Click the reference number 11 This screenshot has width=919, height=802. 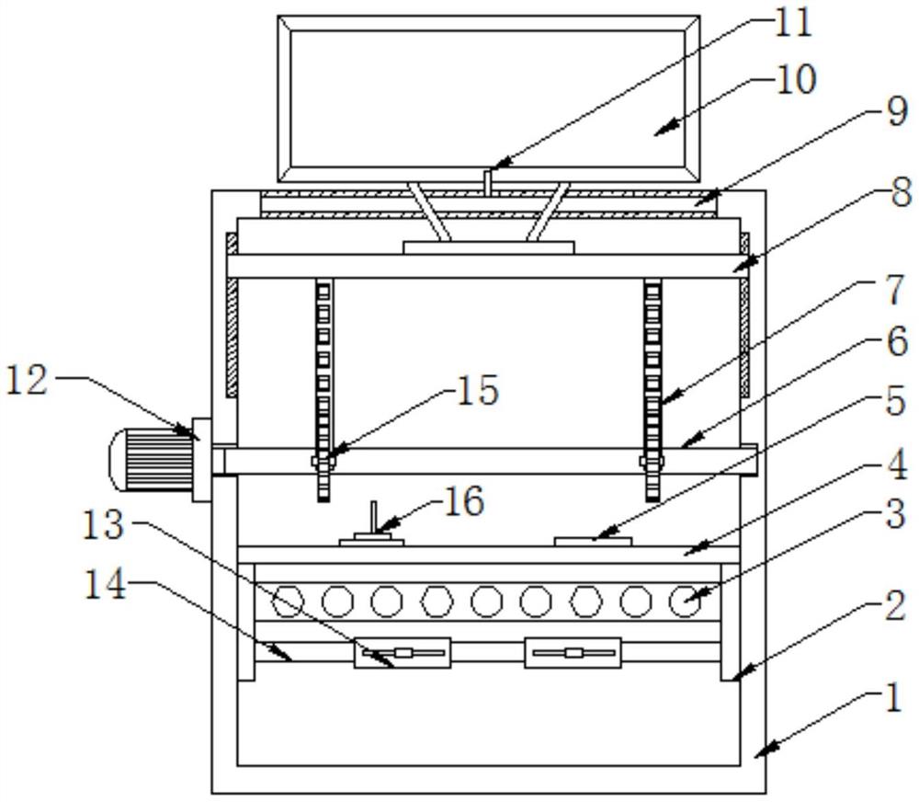pyautogui.click(x=793, y=24)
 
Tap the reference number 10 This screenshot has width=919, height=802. pyautogui.click(x=796, y=79)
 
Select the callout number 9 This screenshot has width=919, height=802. pyautogui.click(x=897, y=111)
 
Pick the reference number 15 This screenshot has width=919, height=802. pyautogui.click(x=478, y=390)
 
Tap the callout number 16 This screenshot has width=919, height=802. pyautogui.click(x=464, y=500)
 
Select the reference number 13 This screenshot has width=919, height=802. pyautogui.click(x=103, y=524)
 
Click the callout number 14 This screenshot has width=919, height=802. pyautogui.click(x=106, y=584)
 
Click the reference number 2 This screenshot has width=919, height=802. pyautogui.click(x=895, y=606)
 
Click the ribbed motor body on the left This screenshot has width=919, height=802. pyautogui.click(x=152, y=459)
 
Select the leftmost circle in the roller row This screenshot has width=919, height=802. pyautogui.click(x=288, y=601)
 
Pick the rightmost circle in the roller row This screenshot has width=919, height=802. pyautogui.click(x=685, y=601)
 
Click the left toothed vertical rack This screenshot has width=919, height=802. pyautogui.click(x=323, y=390)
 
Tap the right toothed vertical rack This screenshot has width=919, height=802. pyautogui.click(x=652, y=390)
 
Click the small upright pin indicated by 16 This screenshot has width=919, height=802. pyautogui.click(x=373, y=517)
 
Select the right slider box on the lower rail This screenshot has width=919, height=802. pyautogui.click(x=573, y=652)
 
